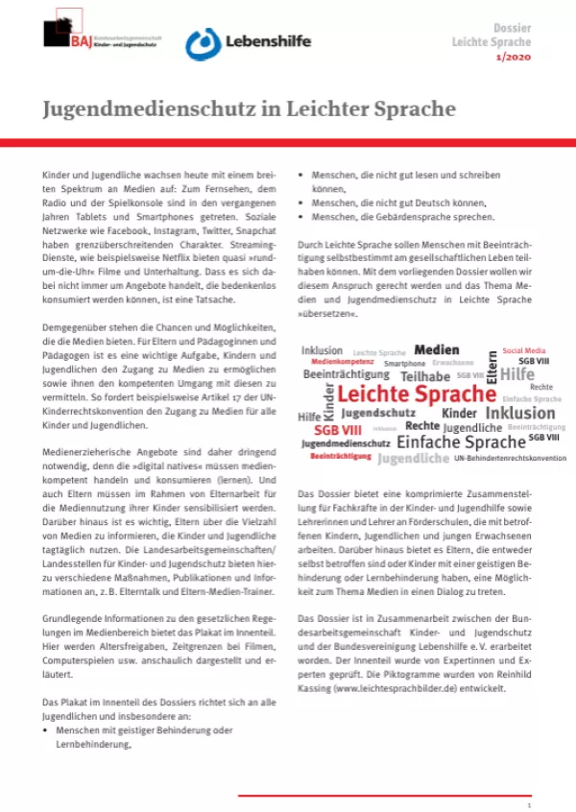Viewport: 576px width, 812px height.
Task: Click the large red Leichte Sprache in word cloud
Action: tap(417, 394)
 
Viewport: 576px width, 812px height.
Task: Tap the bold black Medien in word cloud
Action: tap(436, 350)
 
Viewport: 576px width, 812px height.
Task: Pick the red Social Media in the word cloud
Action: tap(524, 351)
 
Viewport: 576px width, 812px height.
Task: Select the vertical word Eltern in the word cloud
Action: tap(492, 368)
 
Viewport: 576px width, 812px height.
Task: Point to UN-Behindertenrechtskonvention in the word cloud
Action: tap(510, 458)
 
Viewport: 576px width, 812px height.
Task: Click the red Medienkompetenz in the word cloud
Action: tap(343, 362)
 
